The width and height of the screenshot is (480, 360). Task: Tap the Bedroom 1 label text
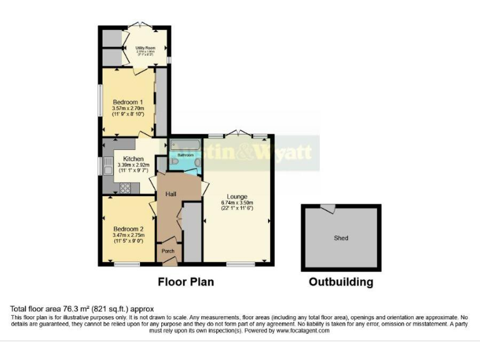(x=128, y=102)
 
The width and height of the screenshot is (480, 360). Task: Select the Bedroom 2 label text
(x=128, y=229)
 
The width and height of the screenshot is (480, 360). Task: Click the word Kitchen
(x=134, y=159)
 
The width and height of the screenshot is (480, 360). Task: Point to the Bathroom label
(x=186, y=154)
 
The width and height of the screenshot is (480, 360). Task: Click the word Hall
(x=171, y=194)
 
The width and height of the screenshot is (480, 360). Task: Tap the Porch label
(x=168, y=251)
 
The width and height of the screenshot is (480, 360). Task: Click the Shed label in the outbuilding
(x=341, y=238)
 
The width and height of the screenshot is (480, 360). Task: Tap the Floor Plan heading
(x=186, y=282)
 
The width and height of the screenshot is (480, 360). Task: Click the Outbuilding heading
(x=341, y=282)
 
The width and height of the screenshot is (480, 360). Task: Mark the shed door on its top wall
(x=327, y=209)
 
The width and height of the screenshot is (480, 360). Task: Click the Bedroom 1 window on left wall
(x=100, y=99)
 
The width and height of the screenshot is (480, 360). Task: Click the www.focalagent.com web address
(x=291, y=331)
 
